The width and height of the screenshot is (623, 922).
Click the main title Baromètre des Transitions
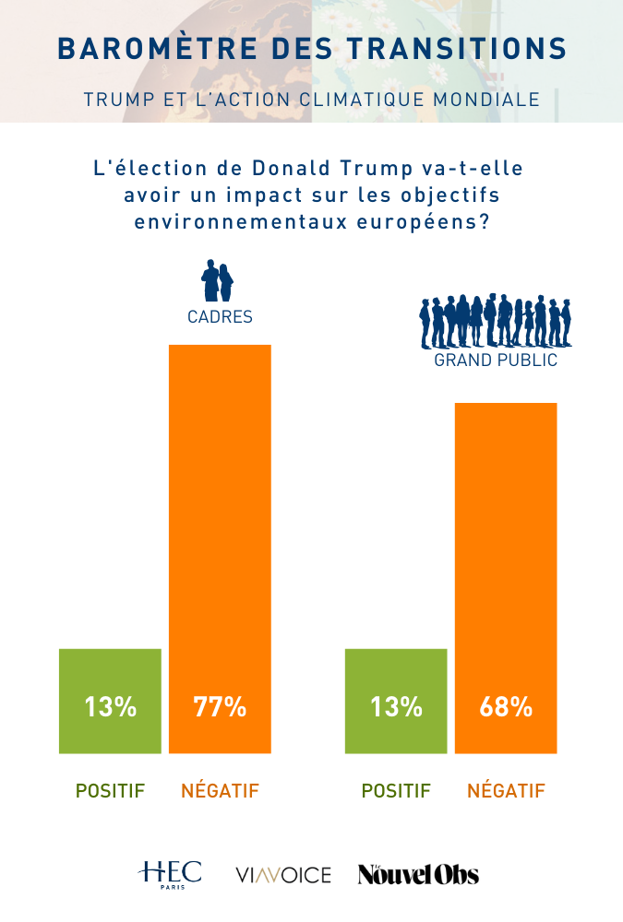(311, 48)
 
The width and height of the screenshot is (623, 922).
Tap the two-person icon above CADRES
(218, 281)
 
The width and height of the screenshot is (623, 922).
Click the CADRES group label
(220, 317)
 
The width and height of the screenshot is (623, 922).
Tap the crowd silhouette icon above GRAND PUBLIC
(496, 320)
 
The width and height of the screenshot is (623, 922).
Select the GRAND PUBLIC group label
(496, 361)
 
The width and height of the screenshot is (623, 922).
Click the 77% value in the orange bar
(220, 707)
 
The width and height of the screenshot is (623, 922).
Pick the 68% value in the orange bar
(506, 707)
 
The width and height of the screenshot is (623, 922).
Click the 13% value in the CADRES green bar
(111, 707)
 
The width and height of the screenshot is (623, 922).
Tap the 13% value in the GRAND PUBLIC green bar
(396, 707)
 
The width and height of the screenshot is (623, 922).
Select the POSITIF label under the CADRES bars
(110, 791)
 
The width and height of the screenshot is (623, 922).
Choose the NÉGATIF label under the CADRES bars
(220, 791)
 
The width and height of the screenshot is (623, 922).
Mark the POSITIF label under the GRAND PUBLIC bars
(396, 791)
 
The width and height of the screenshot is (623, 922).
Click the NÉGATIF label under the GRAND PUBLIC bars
(506, 791)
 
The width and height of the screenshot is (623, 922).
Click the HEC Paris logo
(170, 873)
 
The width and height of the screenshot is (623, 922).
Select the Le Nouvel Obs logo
(418, 874)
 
